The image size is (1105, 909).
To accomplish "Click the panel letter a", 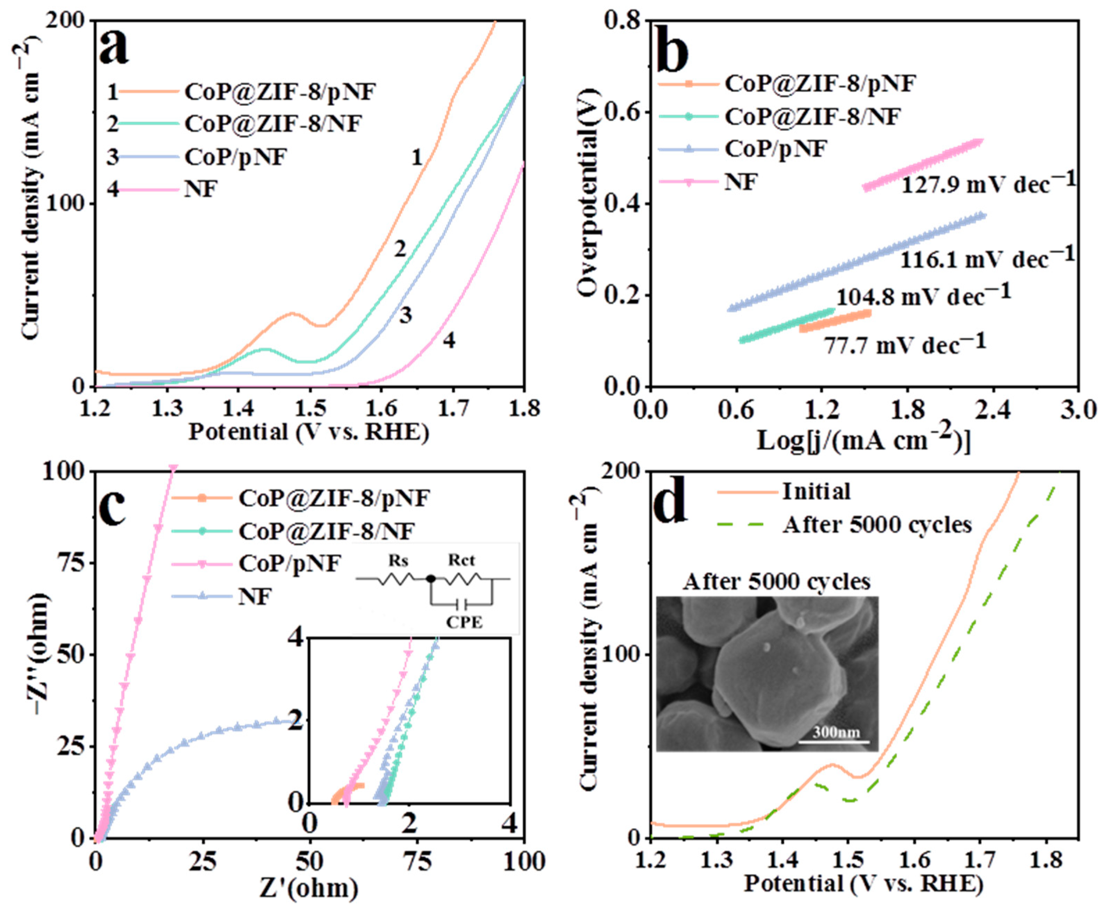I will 115,48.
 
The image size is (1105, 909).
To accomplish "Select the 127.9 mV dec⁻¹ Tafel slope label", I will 988,184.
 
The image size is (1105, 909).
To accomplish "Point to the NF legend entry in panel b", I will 741,182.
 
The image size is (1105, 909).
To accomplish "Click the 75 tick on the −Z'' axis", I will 71,563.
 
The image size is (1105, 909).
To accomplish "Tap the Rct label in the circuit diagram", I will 462,561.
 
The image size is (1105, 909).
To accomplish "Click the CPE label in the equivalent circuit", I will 464,623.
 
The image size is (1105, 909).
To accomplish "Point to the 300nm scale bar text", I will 836,732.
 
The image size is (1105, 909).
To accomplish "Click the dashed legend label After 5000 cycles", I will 877,525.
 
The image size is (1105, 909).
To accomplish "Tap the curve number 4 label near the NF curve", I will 449,341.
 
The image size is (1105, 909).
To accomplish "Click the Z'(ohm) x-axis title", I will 309,889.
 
